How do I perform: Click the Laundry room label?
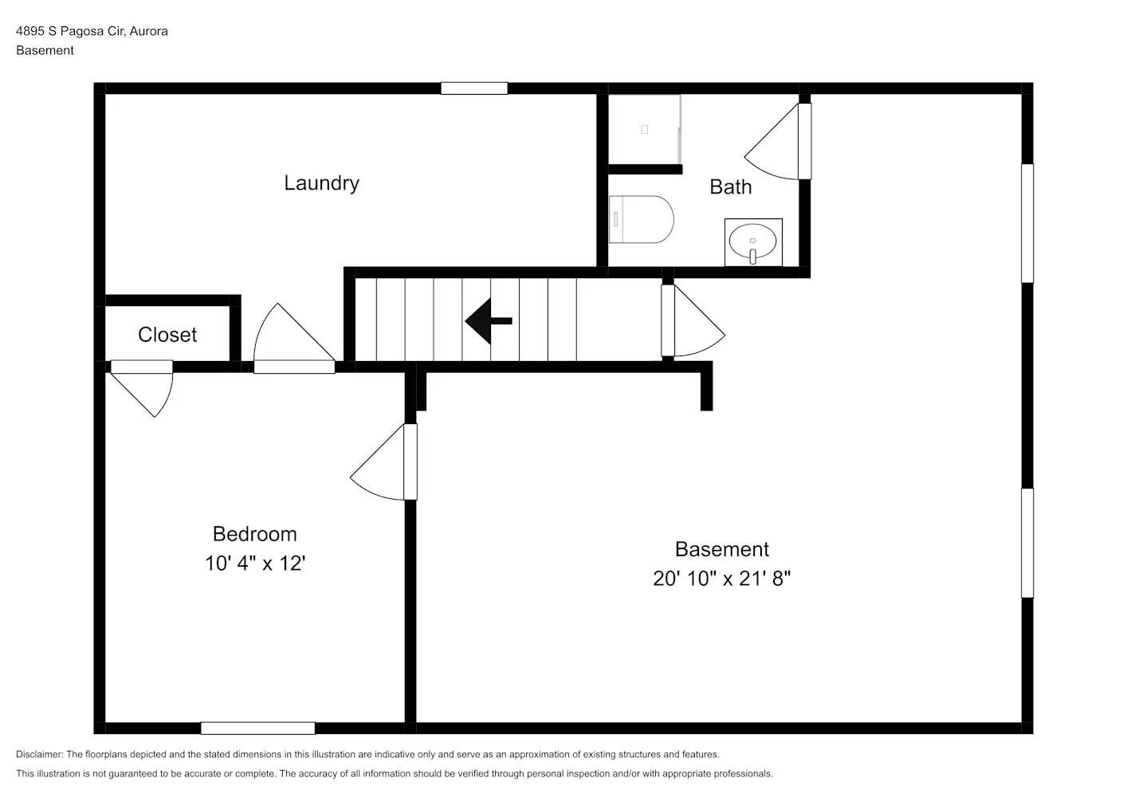click(x=321, y=183)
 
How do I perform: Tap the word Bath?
click(x=730, y=187)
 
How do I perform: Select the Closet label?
click(x=167, y=335)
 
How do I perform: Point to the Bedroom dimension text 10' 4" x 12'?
click(x=255, y=563)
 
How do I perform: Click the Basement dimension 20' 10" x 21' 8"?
click(x=721, y=579)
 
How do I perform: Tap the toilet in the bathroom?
click(x=641, y=219)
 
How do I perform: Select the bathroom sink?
click(x=752, y=241)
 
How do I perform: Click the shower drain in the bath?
click(x=645, y=129)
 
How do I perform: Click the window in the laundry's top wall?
click(x=474, y=88)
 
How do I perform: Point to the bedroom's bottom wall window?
click(x=257, y=728)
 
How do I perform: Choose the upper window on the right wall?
click(x=1027, y=223)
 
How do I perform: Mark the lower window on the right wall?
click(x=1027, y=543)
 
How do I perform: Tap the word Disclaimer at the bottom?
click(x=39, y=754)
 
